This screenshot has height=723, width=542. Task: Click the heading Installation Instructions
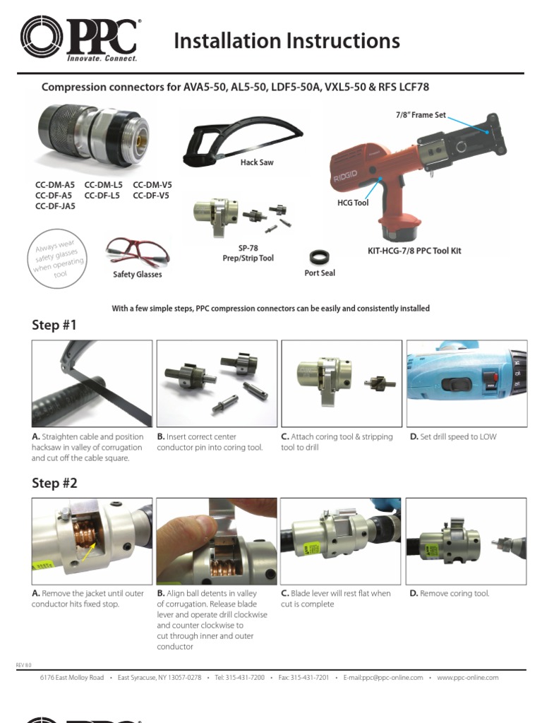point(287,42)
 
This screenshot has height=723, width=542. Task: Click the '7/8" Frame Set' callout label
point(420,114)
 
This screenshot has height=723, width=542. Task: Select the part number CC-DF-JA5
point(55,206)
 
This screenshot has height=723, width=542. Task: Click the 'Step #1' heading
point(54,325)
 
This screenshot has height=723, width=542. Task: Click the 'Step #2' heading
point(54,484)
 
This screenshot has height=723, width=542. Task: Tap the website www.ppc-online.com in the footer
point(467,678)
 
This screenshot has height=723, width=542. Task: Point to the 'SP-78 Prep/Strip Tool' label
point(246,253)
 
